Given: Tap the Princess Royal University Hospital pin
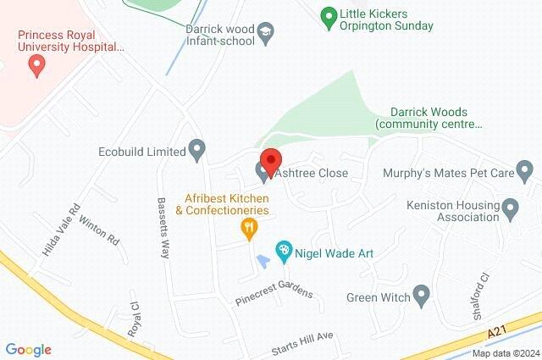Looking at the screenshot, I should tap(36, 67).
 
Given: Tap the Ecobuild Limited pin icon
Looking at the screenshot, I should tap(197, 152).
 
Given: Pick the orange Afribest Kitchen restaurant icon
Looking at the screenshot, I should tap(248, 226).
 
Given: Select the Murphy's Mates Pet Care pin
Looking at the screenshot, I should tap(526, 173).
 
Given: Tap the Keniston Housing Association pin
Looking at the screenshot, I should tap(510, 208).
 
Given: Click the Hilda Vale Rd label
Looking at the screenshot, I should tap(61, 229).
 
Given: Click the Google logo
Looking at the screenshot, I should tap(29, 349).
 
